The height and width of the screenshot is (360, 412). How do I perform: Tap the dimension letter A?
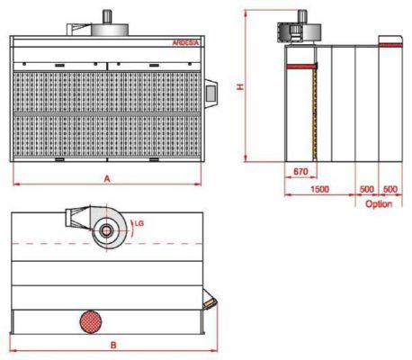coord(106,178)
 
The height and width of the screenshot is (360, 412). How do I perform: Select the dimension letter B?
coord(113,344)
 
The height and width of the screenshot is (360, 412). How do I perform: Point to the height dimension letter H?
coord(239,86)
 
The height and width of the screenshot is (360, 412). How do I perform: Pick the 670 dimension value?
coord(301,171)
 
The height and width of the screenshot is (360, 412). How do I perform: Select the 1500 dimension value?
coord(318,190)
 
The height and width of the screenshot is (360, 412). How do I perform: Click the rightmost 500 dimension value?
coord(390,190)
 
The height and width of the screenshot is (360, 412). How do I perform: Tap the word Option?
coord(379,204)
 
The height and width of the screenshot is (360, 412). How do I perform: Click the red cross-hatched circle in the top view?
coord(92,320)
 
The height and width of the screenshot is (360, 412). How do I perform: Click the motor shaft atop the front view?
coord(106,16)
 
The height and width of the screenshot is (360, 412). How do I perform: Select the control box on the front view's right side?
coord(211,90)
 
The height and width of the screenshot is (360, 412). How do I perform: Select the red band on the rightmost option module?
coord(390,42)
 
